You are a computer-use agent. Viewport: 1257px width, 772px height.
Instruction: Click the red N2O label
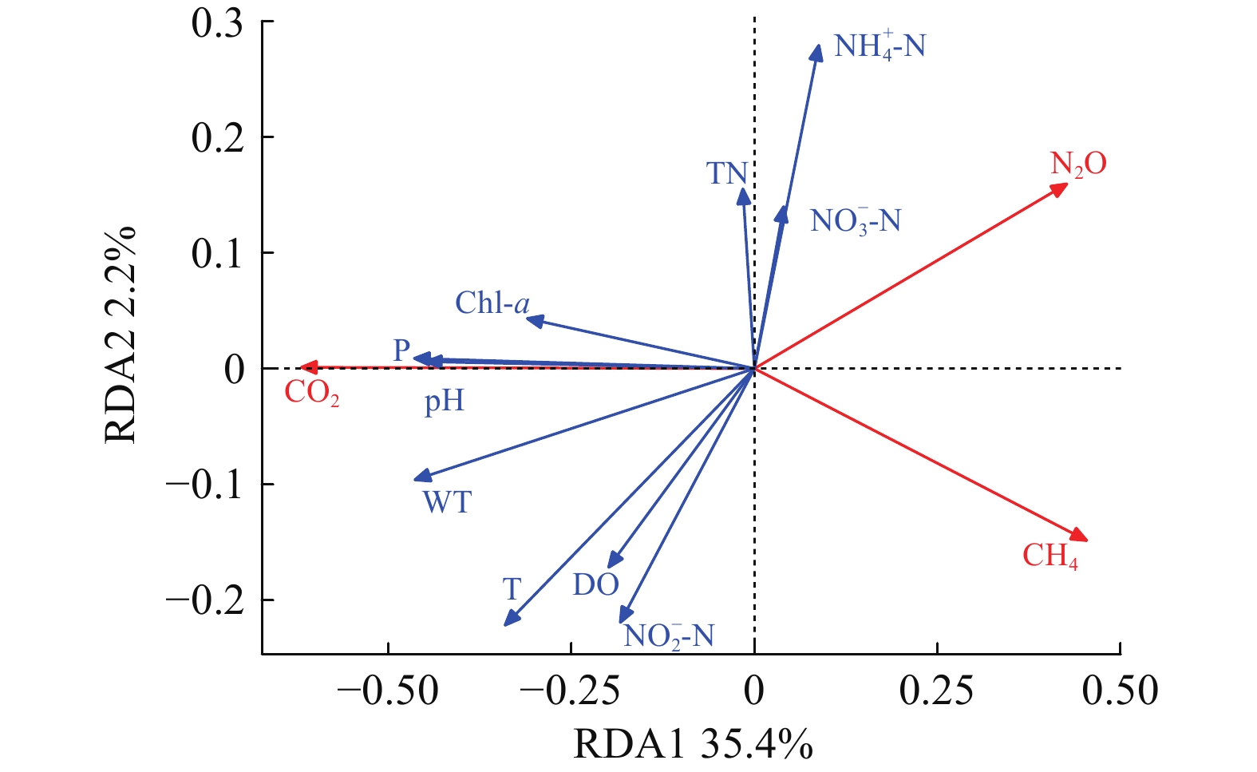1078,164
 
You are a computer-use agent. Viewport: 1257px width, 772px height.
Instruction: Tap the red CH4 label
1049,556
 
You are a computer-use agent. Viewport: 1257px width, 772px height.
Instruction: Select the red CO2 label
312,393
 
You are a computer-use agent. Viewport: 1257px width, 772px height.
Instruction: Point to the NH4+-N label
880,46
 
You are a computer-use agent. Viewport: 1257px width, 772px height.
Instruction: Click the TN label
727,173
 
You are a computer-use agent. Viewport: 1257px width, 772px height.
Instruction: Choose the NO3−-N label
855,220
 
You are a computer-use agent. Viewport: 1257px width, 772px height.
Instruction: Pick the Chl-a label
492,303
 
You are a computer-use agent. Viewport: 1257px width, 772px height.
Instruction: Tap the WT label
447,503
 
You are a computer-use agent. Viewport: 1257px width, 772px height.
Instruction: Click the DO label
595,585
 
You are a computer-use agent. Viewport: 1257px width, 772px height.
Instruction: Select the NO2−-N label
668,636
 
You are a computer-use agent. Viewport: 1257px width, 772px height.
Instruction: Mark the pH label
444,400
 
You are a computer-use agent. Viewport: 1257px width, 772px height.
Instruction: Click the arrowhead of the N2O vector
1061,188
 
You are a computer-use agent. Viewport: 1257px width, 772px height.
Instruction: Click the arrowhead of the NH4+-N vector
816,53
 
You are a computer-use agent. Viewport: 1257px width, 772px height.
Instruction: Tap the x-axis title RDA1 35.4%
693,745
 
